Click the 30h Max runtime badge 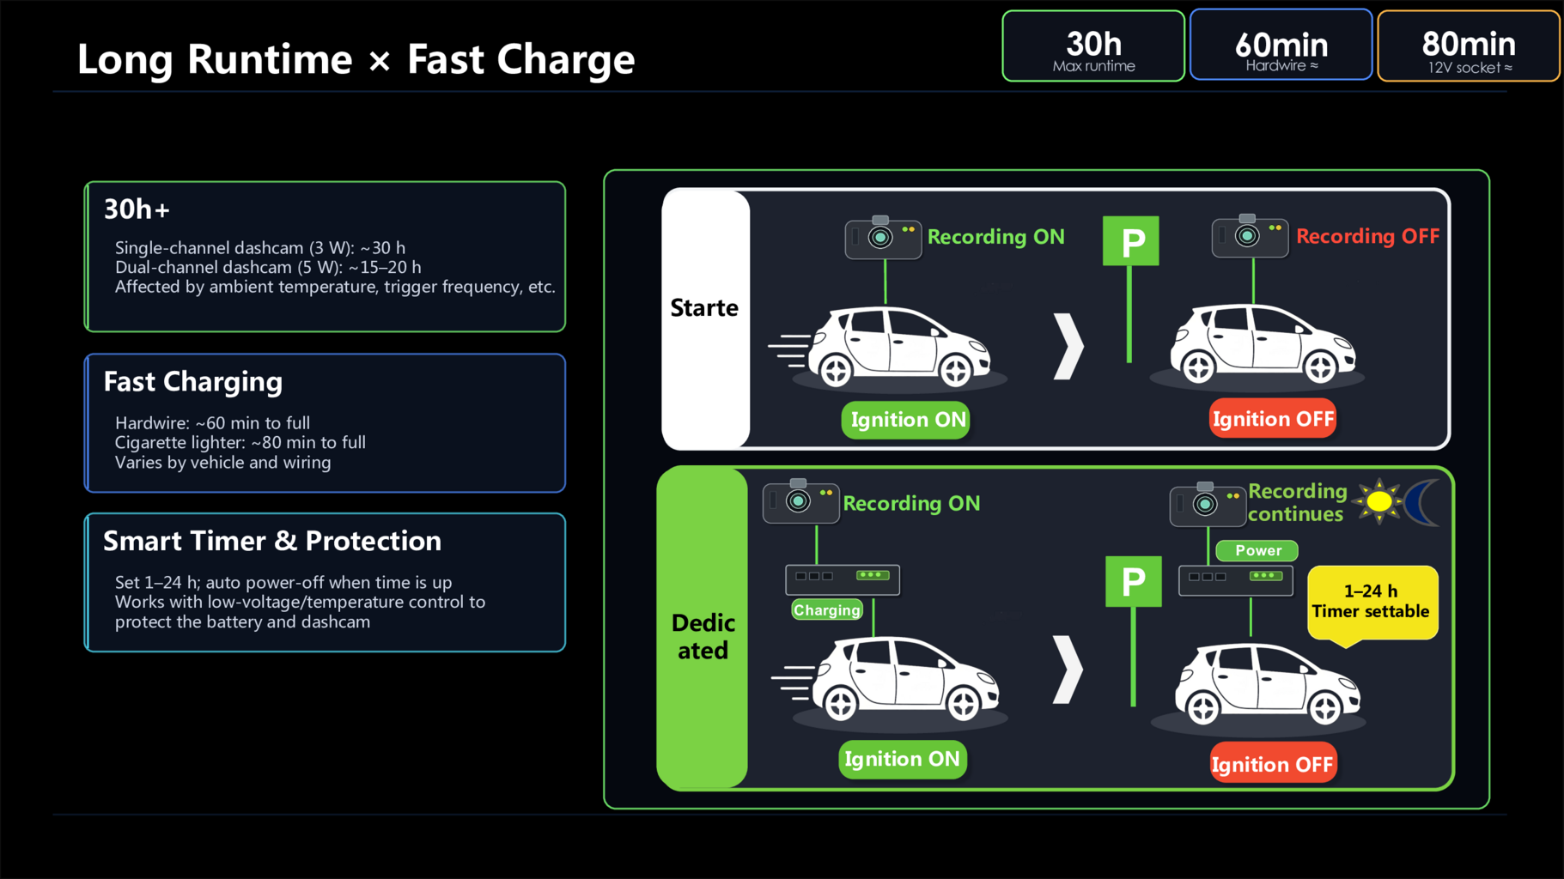click(x=1093, y=46)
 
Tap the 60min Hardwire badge click(x=1281, y=45)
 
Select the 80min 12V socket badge click(x=1469, y=46)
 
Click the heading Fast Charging click(x=193, y=382)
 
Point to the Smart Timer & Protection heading click(x=272, y=541)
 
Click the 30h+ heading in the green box click(x=137, y=209)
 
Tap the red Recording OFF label click(x=1367, y=236)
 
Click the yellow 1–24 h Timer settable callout click(x=1372, y=603)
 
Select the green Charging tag click(x=826, y=609)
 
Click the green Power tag click(x=1257, y=550)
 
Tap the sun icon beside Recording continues click(x=1378, y=501)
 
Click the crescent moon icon click(x=1421, y=502)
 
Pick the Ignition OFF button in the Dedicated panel click(x=1272, y=763)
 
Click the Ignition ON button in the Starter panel click(x=906, y=420)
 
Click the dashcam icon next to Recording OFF click(x=1250, y=237)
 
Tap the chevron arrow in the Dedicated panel click(x=1068, y=670)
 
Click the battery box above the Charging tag click(x=843, y=579)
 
